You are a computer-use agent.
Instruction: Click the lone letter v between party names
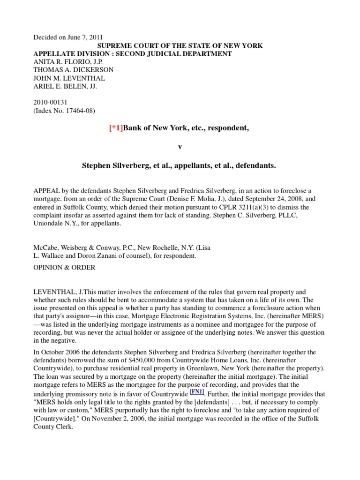[x=180, y=147]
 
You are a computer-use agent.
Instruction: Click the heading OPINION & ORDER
[x=64, y=268]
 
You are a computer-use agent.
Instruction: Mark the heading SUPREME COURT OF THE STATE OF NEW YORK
[x=180, y=45]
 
